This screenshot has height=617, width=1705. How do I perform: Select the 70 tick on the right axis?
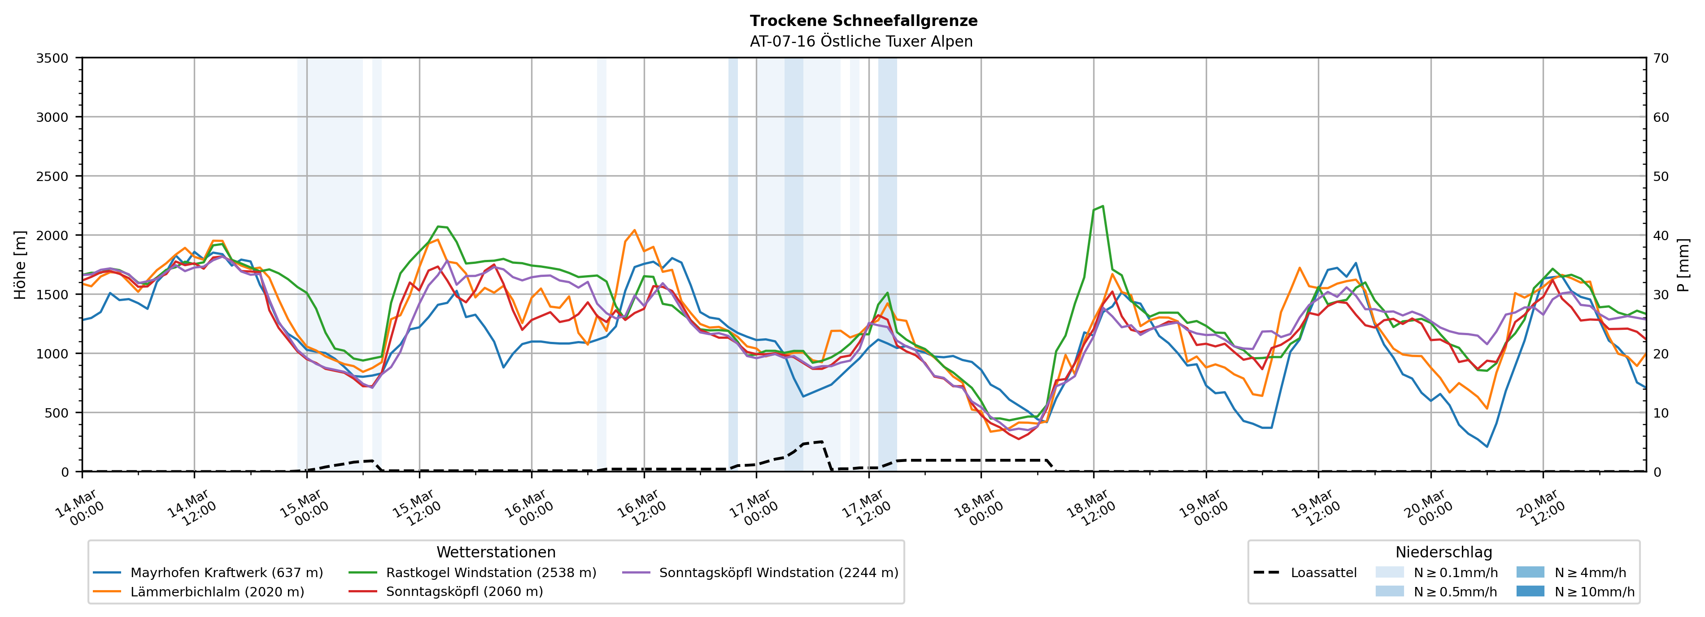coord(1661,58)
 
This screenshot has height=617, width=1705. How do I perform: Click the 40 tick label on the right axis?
coord(1661,235)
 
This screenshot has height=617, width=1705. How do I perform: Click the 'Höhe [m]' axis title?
coord(21,264)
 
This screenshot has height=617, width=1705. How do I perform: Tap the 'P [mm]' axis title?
coord(1683,264)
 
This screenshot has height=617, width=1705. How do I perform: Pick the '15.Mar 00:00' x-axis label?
coord(305,508)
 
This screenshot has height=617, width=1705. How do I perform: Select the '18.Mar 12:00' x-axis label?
coord(1091,508)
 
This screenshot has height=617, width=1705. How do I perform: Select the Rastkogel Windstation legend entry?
coord(490,573)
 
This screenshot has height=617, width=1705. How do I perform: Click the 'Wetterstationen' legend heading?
coord(496,552)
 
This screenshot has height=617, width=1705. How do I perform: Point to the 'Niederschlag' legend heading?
coord(1443,552)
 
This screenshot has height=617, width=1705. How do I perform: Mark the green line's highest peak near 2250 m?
coord(1102,206)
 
